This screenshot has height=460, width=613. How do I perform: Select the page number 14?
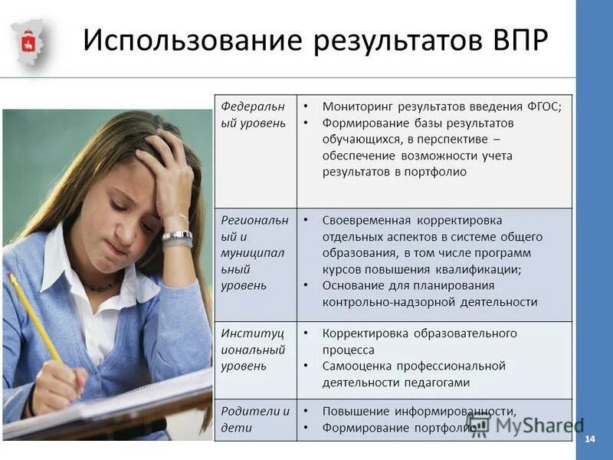[589, 439]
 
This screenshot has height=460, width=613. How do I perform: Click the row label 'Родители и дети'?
[255, 419]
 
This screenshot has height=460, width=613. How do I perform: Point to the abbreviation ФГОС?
[543, 107]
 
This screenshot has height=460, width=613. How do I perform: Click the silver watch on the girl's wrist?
[177, 237]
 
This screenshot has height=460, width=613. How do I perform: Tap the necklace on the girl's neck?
[100, 287]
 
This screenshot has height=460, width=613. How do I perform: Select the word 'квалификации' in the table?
[481, 269]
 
